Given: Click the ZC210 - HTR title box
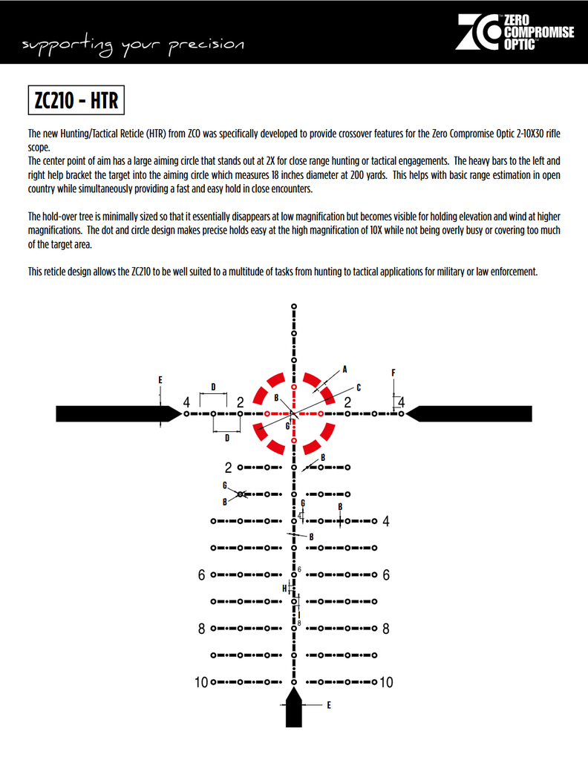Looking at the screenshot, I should coord(74,100).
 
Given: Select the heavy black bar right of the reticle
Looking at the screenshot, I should coord(471,413).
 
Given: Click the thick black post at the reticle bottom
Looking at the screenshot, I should coord(295,710).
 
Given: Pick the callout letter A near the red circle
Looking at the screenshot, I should coord(344,369).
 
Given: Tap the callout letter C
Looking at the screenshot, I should coord(358,387).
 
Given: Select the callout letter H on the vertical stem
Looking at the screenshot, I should coord(284,589).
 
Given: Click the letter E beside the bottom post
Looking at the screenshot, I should coord(329,705).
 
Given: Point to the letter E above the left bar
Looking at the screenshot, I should coord(160,380).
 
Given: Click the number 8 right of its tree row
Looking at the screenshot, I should coord(386,629).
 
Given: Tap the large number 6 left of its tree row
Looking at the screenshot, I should coord(201,575).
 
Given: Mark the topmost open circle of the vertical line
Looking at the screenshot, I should coord(295,306).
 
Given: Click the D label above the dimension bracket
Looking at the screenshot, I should coord(213,387).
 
